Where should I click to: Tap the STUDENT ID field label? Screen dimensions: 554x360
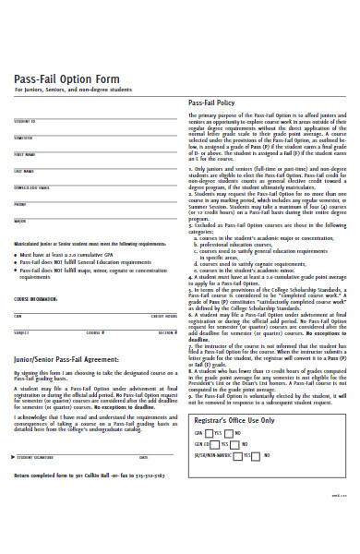pyautogui.click(x=25, y=121)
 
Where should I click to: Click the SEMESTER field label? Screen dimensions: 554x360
pyautogui.click(x=24, y=138)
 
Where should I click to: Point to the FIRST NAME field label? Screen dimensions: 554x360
pyautogui.click(x=25, y=154)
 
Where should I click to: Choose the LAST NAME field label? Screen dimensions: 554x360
pyautogui.click(x=24, y=171)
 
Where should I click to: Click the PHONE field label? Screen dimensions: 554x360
pyautogui.click(x=20, y=204)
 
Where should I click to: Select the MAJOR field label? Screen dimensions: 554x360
pyautogui.click(x=20, y=221)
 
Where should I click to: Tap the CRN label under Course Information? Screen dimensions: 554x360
pyautogui.click(x=18, y=316)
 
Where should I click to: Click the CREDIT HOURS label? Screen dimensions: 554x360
pyautogui.click(x=163, y=316)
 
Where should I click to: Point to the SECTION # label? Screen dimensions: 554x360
pyautogui.click(x=166, y=332)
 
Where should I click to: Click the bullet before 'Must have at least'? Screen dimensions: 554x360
pyautogui.click(x=17, y=253)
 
